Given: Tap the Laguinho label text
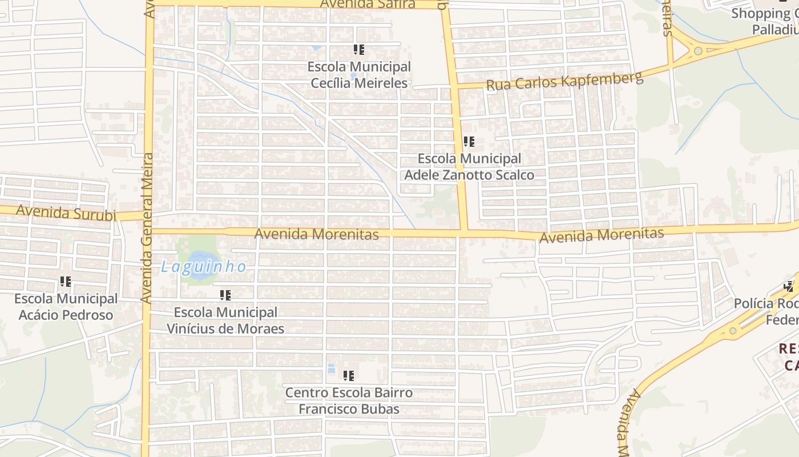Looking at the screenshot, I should point(204,267).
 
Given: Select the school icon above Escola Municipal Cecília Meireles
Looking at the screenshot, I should point(358,50).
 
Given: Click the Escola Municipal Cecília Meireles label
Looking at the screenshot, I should point(359,75).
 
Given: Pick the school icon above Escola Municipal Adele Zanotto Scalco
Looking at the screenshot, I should point(469,142).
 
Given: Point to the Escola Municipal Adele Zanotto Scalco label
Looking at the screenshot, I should point(469,167).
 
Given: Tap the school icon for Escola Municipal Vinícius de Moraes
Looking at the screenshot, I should point(225,295).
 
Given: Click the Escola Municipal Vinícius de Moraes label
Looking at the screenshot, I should point(225,320).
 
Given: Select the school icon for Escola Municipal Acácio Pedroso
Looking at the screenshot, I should point(66,282).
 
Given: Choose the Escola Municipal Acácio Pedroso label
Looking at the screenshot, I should point(66,307).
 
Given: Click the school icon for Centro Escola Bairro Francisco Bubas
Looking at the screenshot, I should point(349,376).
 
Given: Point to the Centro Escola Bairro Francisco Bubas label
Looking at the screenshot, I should point(349,401).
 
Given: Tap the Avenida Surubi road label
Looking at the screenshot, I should point(66,213).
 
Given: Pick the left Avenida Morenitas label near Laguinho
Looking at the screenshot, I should point(316,234).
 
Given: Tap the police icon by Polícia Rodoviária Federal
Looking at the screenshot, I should point(789,286).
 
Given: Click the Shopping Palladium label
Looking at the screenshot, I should point(765,21).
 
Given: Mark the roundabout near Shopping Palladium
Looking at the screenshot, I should point(697,51).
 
